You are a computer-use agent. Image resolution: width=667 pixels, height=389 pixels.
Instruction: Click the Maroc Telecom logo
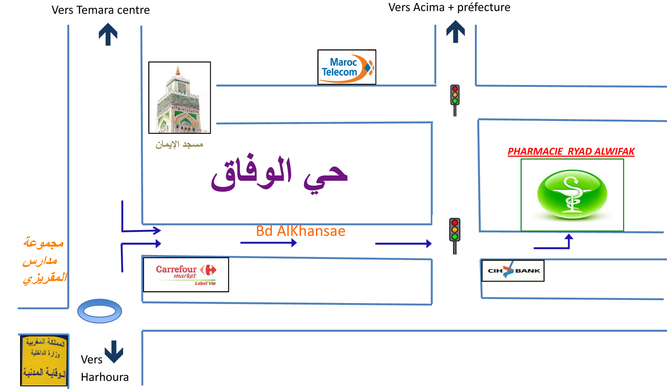[346, 67]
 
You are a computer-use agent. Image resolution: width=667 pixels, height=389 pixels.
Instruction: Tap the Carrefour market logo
[186, 275]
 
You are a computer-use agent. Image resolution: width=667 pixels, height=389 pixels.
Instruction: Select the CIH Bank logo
[513, 271]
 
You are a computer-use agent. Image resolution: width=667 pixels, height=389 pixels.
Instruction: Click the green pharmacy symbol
[572, 194]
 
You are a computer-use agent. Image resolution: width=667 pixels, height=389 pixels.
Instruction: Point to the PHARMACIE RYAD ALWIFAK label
[571, 152]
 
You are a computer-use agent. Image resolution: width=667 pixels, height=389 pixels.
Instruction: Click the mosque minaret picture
[180, 98]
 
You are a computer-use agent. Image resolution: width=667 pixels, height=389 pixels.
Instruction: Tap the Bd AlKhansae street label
[301, 231]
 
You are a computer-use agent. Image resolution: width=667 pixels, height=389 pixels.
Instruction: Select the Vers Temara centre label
[100, 10]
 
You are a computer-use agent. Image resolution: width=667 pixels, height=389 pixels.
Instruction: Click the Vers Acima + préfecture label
[449, 7]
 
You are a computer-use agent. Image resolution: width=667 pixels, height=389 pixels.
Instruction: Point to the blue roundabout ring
[99, 311]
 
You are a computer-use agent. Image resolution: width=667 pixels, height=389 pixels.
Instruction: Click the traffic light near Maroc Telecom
[455, 99]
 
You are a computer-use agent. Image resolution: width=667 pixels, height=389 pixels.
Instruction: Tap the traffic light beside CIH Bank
[455, 235]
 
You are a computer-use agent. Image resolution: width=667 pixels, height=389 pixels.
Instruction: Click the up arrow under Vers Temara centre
[108, 34]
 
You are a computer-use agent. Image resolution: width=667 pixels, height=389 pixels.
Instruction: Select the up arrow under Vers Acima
[455, 32]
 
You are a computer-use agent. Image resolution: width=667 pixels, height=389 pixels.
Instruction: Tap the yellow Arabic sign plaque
[44, 360]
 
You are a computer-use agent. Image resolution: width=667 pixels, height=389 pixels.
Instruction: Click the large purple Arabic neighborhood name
[279, 174]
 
